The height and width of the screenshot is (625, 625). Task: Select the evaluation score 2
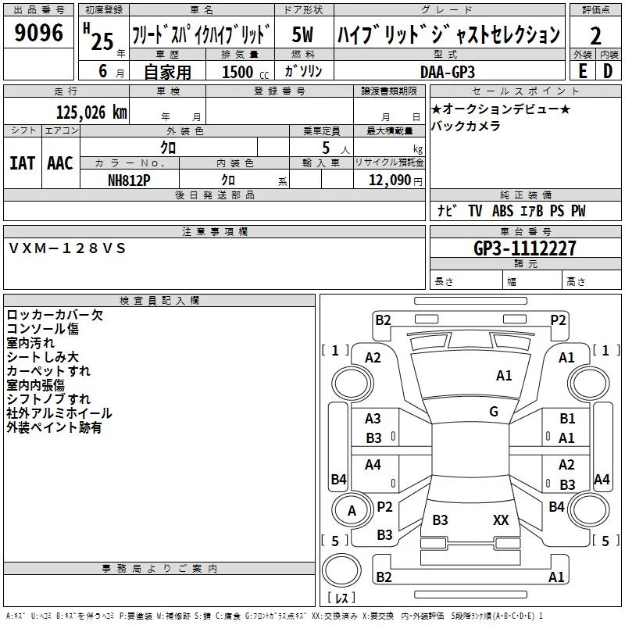click(595, 35)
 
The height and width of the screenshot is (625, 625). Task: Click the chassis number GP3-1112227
click(525, 248)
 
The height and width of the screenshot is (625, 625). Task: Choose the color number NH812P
click(129, 180)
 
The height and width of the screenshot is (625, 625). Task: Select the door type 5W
click(303, 34)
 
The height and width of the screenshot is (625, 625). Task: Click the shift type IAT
click(22, 162)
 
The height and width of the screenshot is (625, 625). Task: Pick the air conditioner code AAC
click(60, 162)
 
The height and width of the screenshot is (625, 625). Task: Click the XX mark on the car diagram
click(501, 520)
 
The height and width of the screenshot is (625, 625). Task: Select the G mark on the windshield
click(494, 412)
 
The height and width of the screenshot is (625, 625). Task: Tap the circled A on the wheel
click(352, 511)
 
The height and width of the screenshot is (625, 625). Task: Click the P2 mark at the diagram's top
click(558, 319)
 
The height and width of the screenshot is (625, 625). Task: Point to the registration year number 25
click(102, 41)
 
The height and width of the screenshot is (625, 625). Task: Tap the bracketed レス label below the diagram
click(341, 598)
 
